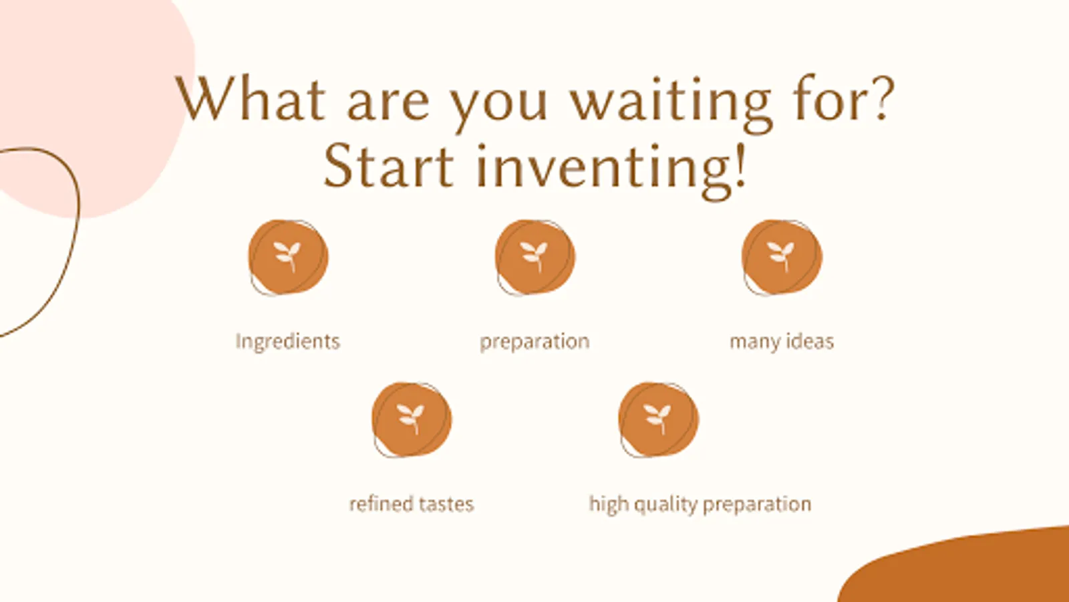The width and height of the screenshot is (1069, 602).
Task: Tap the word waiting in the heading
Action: click(671, 103)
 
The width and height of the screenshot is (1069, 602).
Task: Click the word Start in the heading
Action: click(388, 165)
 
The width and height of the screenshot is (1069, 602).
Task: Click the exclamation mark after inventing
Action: click(740, 165)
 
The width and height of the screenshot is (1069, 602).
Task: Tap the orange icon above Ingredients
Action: click(288, 258)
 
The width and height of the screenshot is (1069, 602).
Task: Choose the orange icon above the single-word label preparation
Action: click(535, 258)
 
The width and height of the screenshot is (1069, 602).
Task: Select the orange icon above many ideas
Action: click(782, 258)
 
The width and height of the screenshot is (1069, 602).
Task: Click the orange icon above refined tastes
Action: click(412, 419)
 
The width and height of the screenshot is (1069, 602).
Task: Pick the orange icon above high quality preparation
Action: click(659, 419)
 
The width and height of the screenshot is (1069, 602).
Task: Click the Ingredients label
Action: click(288, 342)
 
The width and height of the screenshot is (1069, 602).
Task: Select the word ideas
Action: click(809, 341)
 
